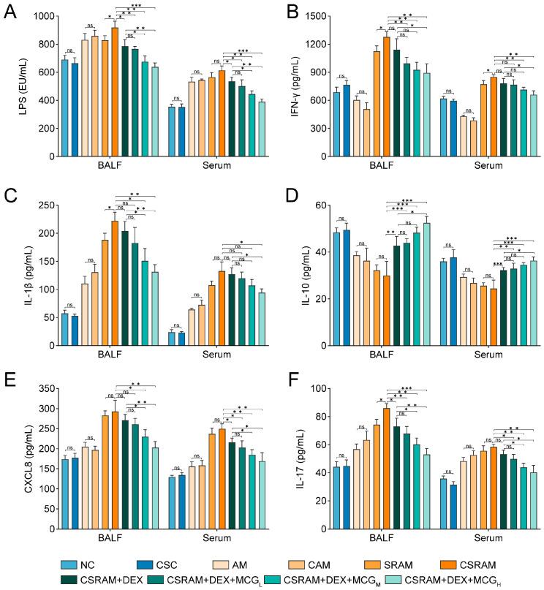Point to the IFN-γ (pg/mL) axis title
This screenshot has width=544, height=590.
click(x=287, y=86)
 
